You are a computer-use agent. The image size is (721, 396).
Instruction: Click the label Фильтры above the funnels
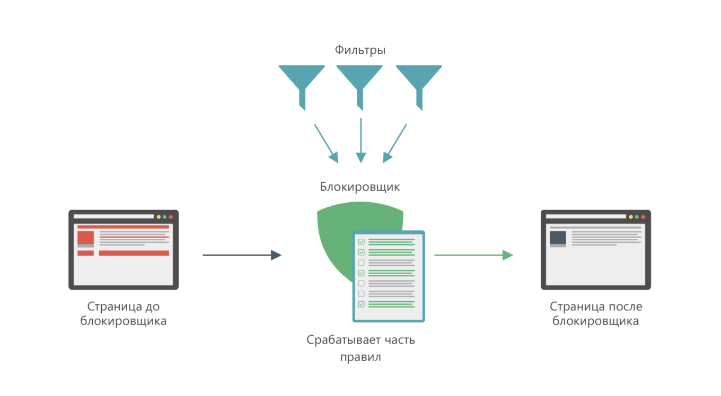(360, 50)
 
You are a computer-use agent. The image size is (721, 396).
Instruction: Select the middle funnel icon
(359, 85)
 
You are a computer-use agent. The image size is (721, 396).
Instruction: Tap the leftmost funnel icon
(302, 85)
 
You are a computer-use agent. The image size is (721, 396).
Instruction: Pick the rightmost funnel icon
(419, 85)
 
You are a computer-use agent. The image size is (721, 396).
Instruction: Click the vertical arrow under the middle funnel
(361, 140)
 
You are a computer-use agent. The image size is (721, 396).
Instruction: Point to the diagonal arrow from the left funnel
(326, 143)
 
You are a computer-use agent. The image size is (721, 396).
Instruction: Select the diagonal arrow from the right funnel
(394, 143)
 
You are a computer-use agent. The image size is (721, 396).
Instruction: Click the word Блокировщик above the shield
(360, 187)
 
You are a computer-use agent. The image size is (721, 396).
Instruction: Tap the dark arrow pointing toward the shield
(242, 255)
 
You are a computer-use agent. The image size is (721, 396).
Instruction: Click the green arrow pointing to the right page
(473, 255)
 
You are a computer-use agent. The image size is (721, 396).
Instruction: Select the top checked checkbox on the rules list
(362, 242)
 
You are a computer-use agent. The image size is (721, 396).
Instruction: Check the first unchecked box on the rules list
(362, 263)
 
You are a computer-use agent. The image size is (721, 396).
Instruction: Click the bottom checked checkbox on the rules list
(362, 304)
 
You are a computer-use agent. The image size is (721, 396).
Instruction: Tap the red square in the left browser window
(86, 238)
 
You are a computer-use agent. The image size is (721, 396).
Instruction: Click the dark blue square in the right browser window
(558, 238)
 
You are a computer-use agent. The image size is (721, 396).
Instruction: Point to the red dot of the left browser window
(171, 217)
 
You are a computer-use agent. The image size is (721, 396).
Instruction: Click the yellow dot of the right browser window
(631, 217)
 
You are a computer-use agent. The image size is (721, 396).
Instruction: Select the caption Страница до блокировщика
(124, 314)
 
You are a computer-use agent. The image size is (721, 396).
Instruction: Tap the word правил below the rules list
(360, 357)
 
